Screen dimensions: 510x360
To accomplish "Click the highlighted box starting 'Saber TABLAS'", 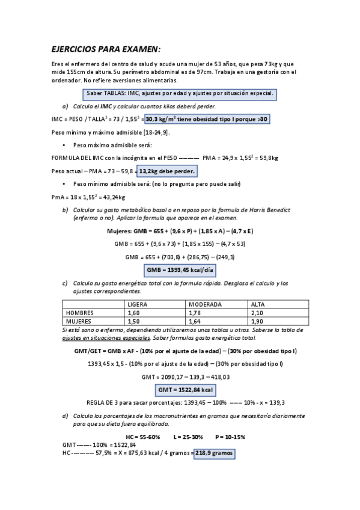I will click(180, 93).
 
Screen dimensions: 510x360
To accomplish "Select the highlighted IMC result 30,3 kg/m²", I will click(206, 119).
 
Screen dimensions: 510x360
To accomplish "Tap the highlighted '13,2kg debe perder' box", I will click(168, 171).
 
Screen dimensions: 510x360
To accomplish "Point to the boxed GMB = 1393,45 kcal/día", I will click(180, 270).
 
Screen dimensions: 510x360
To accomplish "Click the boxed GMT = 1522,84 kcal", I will click(180, 390).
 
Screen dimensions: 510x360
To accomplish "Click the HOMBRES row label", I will click(80, 313).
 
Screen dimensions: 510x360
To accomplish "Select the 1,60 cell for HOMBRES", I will click(134, 313).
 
